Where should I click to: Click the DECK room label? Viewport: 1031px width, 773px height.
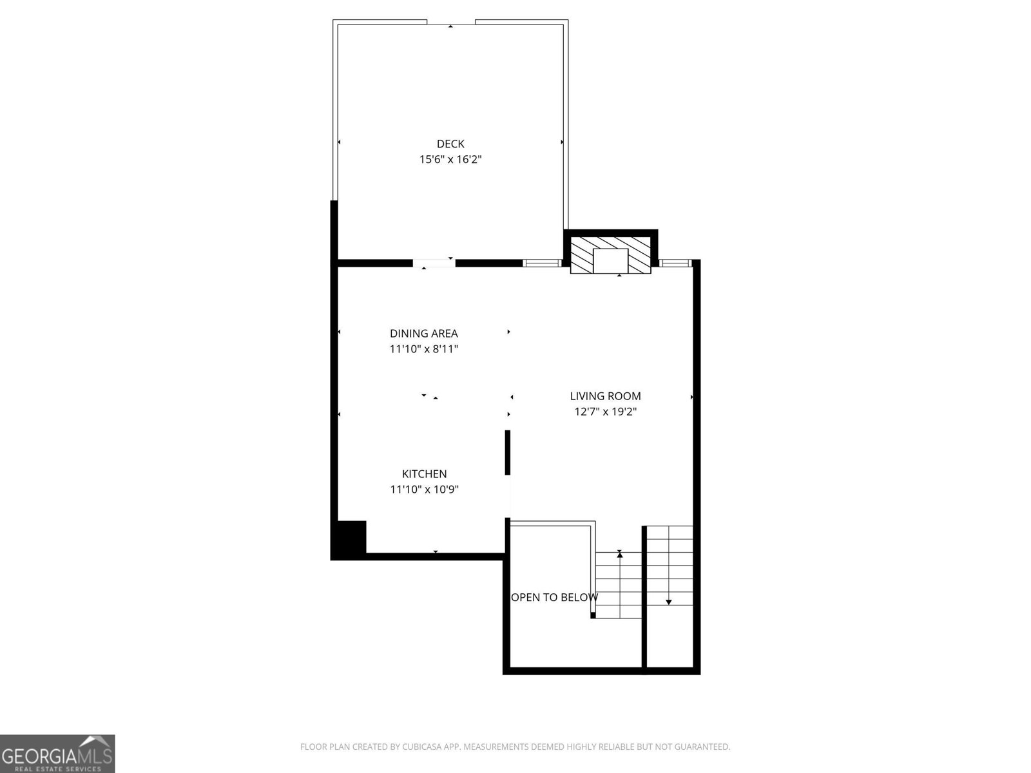pyautogui.click(x=450, y=144)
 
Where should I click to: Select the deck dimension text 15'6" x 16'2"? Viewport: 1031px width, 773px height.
pyautogui.click(x=450, y=159)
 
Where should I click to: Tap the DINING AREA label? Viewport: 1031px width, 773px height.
pyautogui.click(x=423, y=333)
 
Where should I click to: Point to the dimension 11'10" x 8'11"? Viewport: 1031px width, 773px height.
pyautogui.click(x=423, y=349)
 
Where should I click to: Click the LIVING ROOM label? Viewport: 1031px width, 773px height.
pyautogui.click(x=605, y=396)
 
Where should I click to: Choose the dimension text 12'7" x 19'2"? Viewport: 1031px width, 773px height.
pyautogui.click(x=605, y=412)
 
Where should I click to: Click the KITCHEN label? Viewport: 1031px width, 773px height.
pyautogui.click(x=424, y=473)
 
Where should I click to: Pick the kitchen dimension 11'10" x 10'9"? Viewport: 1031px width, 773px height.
pyautogui.click(x=424, y=490)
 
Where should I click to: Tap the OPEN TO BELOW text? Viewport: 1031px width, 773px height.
pyautogui.click(x=554, y=597)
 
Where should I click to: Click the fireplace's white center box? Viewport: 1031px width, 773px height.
pyautogui.click(x=610, y=260)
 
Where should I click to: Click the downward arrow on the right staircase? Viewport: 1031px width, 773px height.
pyautogui.click(x=669, y=602)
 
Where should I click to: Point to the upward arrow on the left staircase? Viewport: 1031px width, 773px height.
pyautogui.click(x=620, y=553)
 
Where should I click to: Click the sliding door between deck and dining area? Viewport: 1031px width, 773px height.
pyautogui.click(x=434, y=263)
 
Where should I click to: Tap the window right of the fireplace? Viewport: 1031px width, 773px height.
pyautogui.click(x=675, y=263)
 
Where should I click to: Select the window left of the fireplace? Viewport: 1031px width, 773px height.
pyautogui.click(x=542, y=263)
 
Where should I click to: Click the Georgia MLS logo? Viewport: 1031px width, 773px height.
pyautogui.click(x=57, y=753)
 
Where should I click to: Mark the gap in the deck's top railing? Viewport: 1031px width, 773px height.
pyautogui.click(x=450, y=23)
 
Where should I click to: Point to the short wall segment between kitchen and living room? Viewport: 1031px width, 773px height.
pyautogui.click(x=508, y=452)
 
